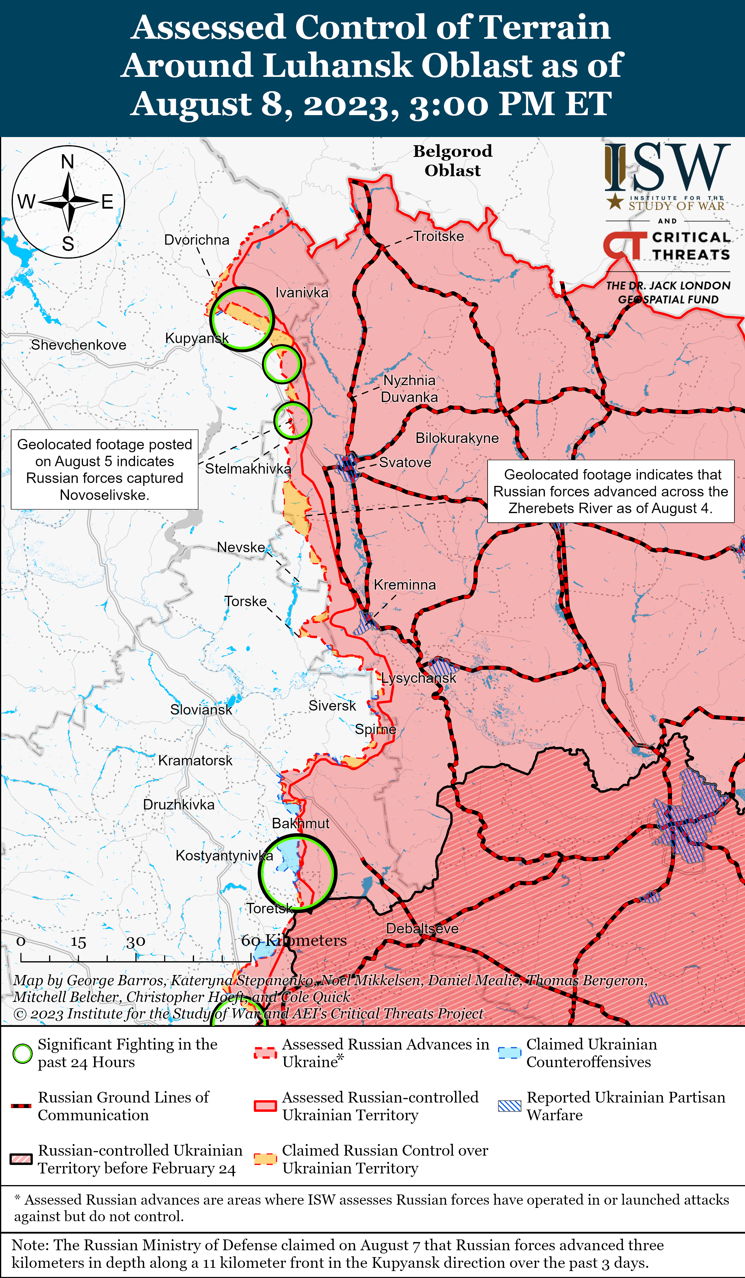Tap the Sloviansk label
(x=201, y=709)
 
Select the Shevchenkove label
(x=79, y=345)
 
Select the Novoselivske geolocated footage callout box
(x=105, y=469)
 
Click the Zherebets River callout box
(x=611, y=491)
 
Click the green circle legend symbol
(x=22, y=1053)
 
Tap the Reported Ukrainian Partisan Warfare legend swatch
(x=509, y=1106)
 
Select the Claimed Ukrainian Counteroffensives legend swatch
(x=509, y=1053)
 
